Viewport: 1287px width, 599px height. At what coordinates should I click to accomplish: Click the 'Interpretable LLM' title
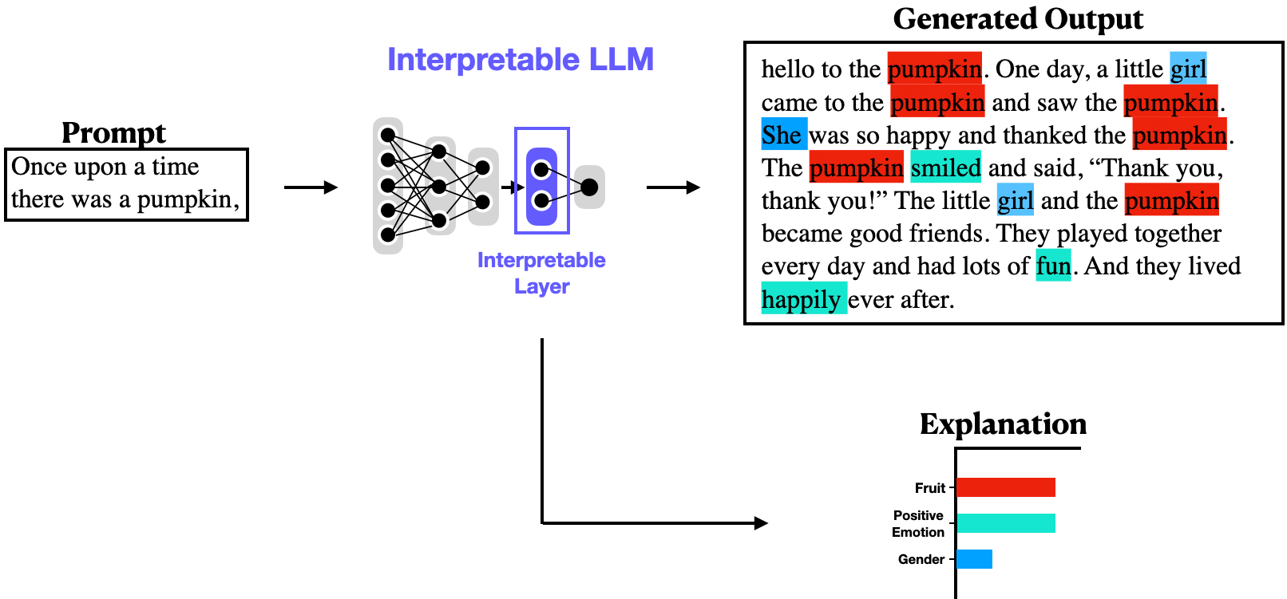pyautogui.click(x=520, y=60)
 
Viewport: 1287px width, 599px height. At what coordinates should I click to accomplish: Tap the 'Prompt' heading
pyautogui.click(x=113, y=132)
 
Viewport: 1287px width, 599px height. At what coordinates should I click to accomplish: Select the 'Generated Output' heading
pyautogui.click(x=1018, y=18)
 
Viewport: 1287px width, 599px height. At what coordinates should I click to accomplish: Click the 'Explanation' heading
pyautogui.click(x=1003, y=424)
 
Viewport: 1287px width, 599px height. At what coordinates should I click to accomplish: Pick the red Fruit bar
pyautogui.click(x=1005, y=487)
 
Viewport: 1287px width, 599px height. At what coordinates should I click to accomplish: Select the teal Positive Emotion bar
pyautogui.click(x=1005, y=523)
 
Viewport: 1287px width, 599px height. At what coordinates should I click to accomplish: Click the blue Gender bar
pyautogui.click(x=974, y=559)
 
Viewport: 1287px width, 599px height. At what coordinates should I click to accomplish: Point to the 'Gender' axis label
pyautogui.click(x=921, y=559)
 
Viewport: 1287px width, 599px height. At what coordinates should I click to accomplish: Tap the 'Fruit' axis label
pyautogui.click(x=929, y=487)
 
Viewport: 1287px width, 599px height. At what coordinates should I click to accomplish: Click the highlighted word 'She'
pyautogui.click(x=782, y=135)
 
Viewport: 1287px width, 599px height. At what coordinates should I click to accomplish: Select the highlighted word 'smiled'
pyautogui.click(x=945, y=167)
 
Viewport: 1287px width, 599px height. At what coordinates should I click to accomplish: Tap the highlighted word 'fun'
pyautogui.click(x=1053, y=266)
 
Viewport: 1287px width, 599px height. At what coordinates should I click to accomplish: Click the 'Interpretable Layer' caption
pyautogui.click(x=541, y=273)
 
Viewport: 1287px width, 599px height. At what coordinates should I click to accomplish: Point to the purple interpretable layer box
pyautogui.click(x=542, y=180)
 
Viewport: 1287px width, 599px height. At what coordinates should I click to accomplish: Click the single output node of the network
pyautogui.click(x=589, y=187)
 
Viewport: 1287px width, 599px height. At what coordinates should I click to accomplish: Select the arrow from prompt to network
pyautogui.click(x=311, y=187)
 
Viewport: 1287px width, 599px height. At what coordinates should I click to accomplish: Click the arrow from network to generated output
pyautogui.click(x=673, y=187)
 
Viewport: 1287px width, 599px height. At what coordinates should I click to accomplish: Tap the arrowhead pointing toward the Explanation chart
pyautogui.click(x=761, y=523)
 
